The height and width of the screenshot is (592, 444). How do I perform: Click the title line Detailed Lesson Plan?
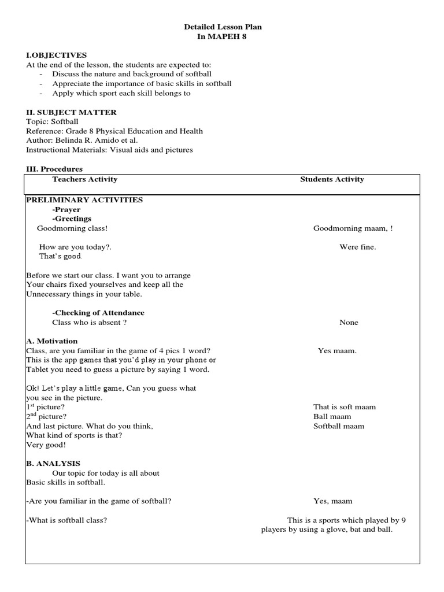click(223, 27)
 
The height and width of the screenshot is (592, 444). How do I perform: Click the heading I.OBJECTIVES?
click(56, 55)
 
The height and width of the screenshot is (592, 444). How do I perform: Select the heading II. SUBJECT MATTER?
click(71, 112)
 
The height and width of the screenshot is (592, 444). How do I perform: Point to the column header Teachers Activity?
click(84, 179)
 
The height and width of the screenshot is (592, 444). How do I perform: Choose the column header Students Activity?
click(332, 179)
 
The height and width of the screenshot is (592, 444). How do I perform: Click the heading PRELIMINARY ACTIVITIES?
click(84, 200)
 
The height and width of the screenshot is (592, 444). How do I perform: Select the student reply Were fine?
click(357, 247)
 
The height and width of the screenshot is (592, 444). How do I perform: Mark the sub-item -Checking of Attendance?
click(98, 313)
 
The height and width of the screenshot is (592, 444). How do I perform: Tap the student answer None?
click(349, 323)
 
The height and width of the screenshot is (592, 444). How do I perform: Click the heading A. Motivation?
click(52, 341)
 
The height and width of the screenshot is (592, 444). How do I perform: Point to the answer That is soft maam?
click(344, 407)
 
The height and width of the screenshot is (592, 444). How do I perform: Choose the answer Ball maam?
click(332, 416)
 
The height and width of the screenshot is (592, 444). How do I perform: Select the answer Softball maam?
click(339, 426)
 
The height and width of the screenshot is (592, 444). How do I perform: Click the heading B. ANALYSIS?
click(53, 464)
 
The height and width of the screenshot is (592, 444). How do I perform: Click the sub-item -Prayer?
click(66, 210)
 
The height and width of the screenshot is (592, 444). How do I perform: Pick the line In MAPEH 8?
click(223, 36)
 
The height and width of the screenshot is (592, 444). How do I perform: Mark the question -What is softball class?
click(67, 520)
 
